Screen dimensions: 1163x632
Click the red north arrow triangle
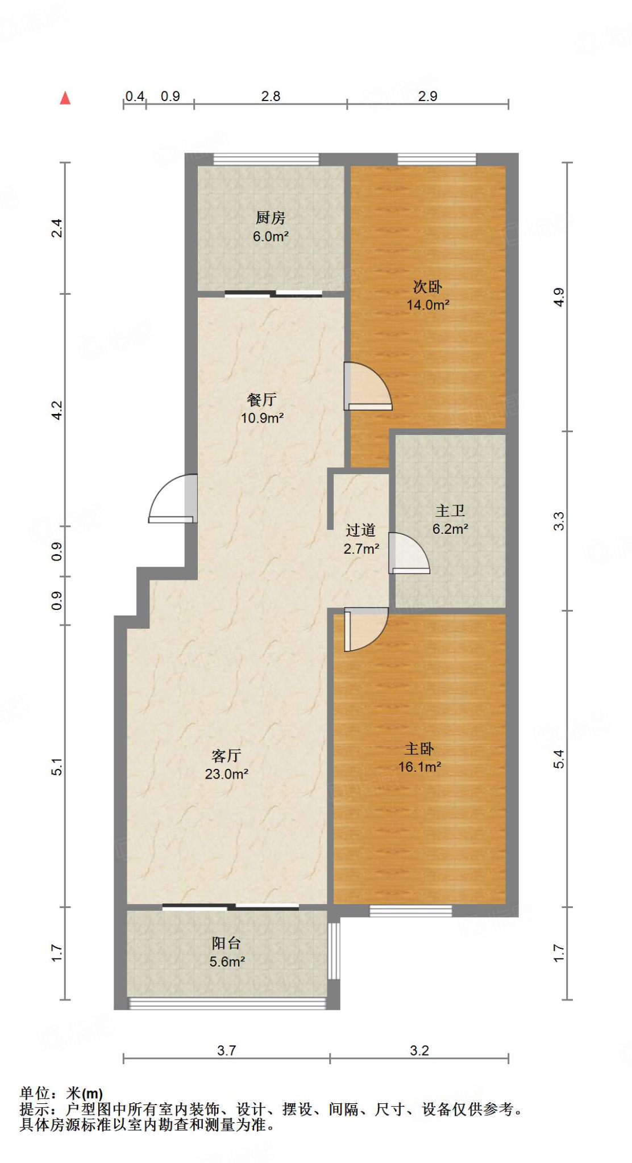(65, 98)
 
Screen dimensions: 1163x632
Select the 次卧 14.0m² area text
(428, 305)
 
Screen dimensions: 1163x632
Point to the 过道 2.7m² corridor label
(361, 539)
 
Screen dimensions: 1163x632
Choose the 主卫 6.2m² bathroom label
(450, 520)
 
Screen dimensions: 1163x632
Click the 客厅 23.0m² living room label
(227, 764)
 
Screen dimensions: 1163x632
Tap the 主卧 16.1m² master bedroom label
(419, 758)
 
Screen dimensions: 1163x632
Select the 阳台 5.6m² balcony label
(227, 952)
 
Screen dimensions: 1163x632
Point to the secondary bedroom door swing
(368, 387)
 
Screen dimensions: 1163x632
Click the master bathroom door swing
(409, 554)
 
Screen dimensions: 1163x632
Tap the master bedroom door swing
(365, 629)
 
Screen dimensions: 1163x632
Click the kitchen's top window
(266, 159)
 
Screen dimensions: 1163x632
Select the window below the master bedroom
(410, 911)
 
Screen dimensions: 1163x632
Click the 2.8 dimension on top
(271, 97)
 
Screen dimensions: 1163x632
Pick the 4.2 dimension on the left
(57, 410)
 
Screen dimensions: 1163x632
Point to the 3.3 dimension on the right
(559, 521)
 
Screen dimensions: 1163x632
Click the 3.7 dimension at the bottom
(226, 1051)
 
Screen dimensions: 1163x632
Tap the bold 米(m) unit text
(85, 1093)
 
